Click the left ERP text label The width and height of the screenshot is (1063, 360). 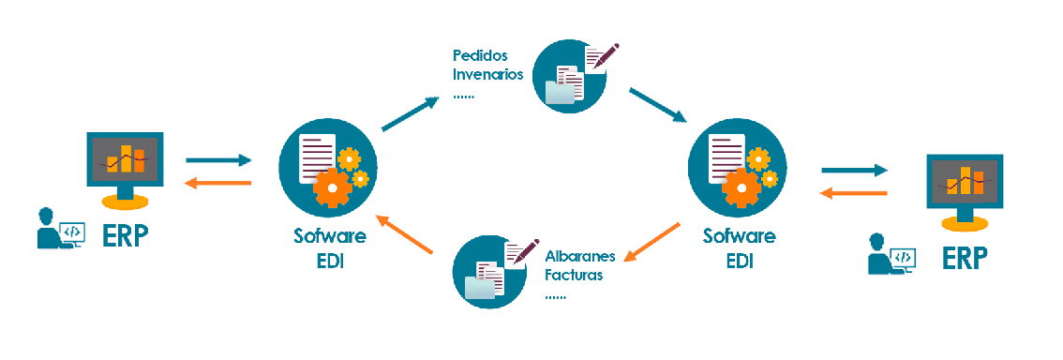(126, 235)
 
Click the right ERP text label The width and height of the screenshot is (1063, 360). (966, 257)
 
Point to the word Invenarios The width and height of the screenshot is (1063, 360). (487, 74)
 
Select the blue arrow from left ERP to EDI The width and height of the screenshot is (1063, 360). (219, 160)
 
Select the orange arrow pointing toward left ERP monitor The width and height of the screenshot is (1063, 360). (219, 183)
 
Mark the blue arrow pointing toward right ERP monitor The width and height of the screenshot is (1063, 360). (854, 170)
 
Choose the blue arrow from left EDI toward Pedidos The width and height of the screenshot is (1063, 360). (410, 112)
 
